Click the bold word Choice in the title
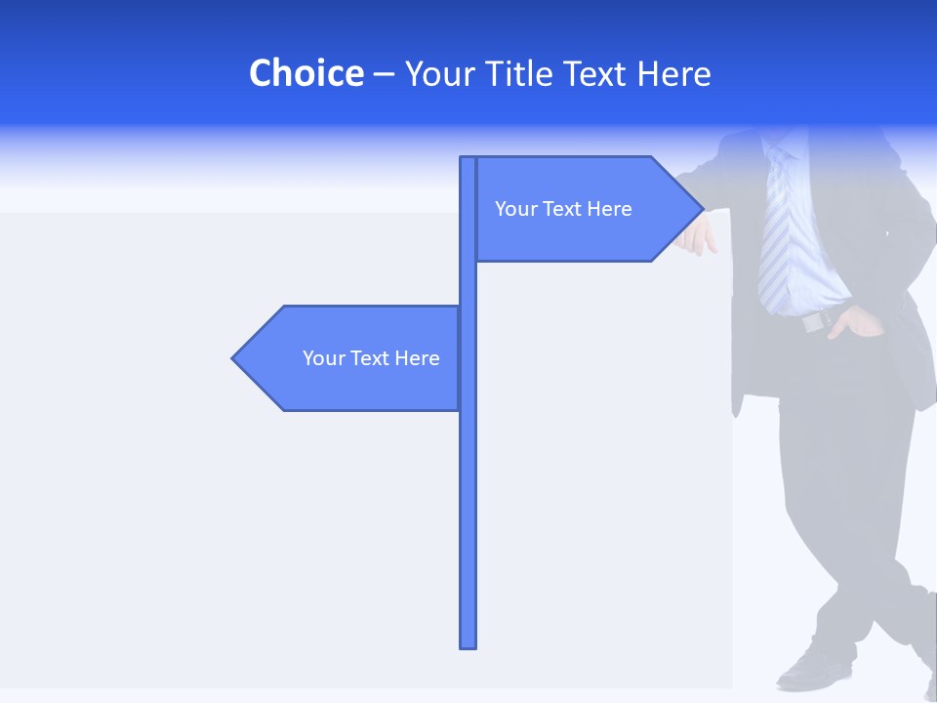point(306,73)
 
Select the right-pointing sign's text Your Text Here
point(563,209)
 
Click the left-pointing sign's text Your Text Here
point(371,358)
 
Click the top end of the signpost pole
point(468,159)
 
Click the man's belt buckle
point(812,322)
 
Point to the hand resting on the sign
point(699,236)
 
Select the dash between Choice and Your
point(384,73)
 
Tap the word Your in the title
point(438,73)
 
